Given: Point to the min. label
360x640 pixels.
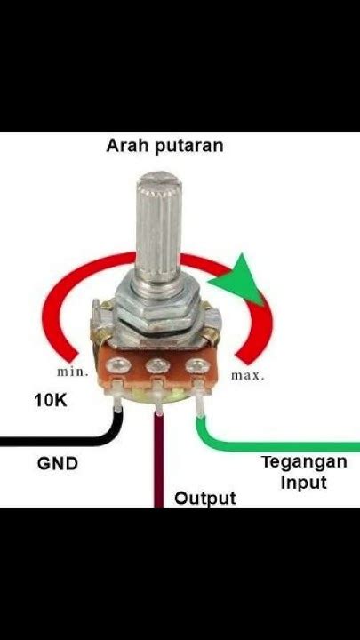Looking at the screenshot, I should click(x=72, y=372).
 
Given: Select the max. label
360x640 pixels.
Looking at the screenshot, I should click(x=249, y=375).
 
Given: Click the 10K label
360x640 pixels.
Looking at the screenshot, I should click(x=51, y=401).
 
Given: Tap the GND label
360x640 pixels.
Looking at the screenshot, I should click(x=58, y=463).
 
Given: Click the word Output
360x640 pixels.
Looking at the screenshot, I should click(x=205, y=498).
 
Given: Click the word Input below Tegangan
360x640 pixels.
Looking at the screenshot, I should click(x=304, y=483).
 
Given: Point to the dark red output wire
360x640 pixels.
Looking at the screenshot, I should click(x=159, y=462).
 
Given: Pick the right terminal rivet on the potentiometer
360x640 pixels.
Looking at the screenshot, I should click(x=193, y=364).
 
